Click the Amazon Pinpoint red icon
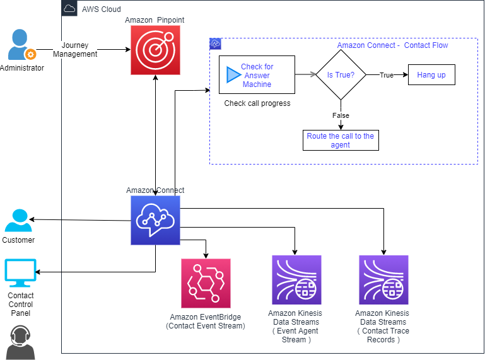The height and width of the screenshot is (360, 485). pos(155,50)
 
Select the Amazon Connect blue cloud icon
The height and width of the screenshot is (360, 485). pos(155,220)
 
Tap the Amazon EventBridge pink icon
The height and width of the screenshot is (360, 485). pos(206,283)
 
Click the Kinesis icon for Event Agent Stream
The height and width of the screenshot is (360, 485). pos(296,280)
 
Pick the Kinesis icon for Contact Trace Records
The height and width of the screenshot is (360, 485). pos(383,280)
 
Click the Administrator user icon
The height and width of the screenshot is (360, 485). pos(21,45)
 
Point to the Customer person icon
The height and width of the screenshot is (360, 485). pos(18,220)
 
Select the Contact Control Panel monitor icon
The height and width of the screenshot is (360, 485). pos(20,273)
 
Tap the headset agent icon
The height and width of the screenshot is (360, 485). pos(20,342)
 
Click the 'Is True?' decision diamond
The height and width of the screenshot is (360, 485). pos(341,74)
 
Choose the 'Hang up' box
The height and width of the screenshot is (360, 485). pos(431,74)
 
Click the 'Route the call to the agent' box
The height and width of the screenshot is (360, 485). pos(341,141)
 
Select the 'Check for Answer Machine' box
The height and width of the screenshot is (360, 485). pos(257,74)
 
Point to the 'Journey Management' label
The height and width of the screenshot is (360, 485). pos(75,49)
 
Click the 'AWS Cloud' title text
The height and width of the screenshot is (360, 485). pos(102,9)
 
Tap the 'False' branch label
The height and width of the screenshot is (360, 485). pos(341,115)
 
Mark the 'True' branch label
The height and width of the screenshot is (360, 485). pos(387,75)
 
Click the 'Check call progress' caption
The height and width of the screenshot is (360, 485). pos(257,103)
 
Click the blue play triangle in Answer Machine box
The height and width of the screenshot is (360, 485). pos(233,74)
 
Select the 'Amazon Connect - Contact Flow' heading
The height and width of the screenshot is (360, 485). pos(392,45)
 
